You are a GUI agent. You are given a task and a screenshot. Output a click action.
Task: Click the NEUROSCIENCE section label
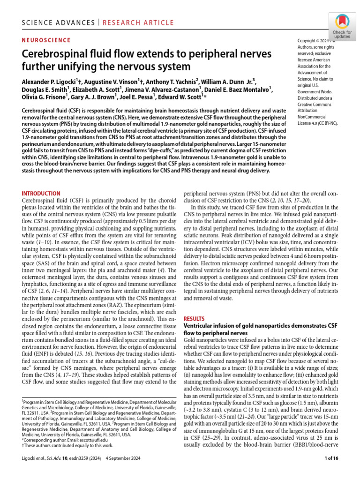pyautogui.click(x=46, y=41)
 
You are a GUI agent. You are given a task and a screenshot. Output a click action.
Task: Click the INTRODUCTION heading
pyautogui.click(x=41, y=194)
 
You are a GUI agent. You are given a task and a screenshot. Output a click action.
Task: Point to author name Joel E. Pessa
pyautogui.click(x=150, y=97)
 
